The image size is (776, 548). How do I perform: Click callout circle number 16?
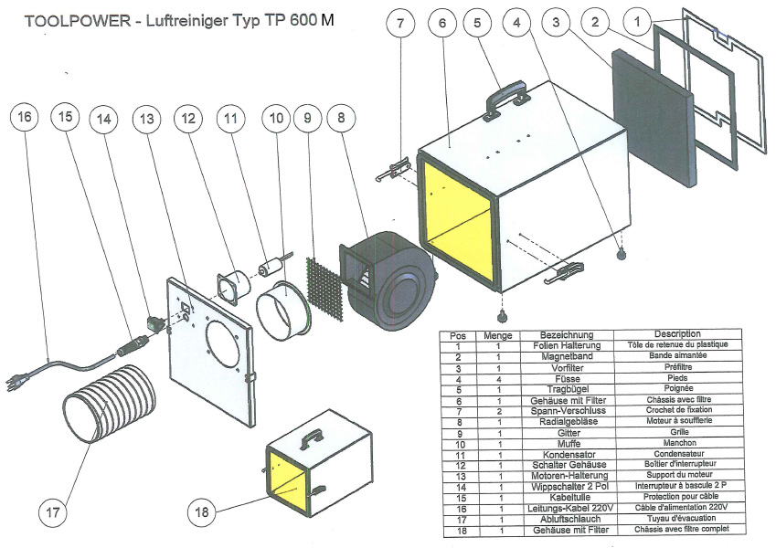coord(25,117)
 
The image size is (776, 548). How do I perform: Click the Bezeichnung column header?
coord(567,335)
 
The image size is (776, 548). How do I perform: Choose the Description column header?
coord(677,334)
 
